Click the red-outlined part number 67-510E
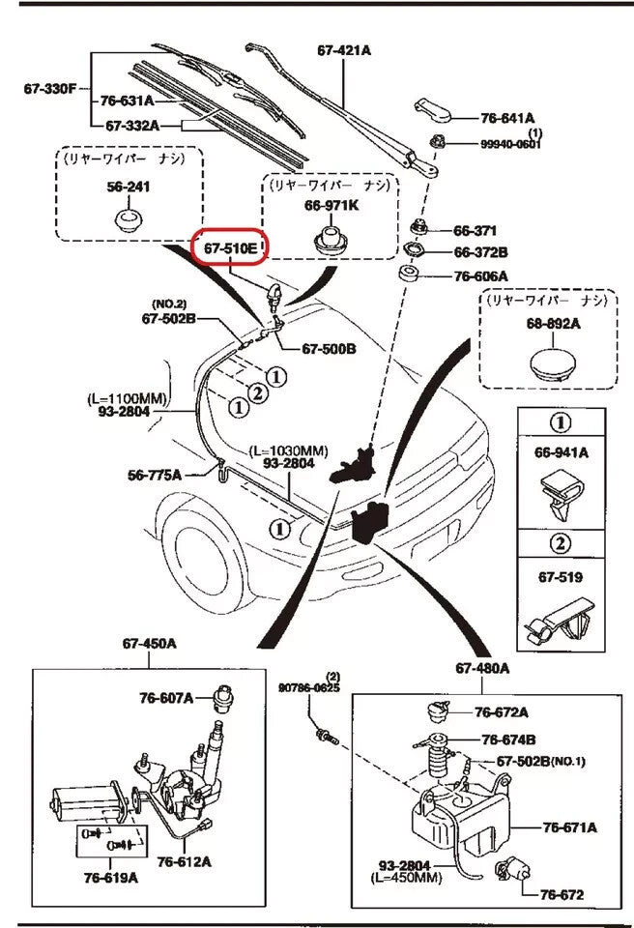[230, 249]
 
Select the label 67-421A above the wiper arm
[344, 50]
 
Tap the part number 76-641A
[507, 118]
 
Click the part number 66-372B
[481, 253]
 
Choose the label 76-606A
[481, 276]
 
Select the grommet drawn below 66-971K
[331, 240]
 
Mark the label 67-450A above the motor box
[149, 643]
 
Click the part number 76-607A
[165, 697]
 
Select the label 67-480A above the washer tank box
[482, 668]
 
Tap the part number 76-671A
[569, 826]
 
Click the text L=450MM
[407, 878]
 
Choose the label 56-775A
[155, 475]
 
